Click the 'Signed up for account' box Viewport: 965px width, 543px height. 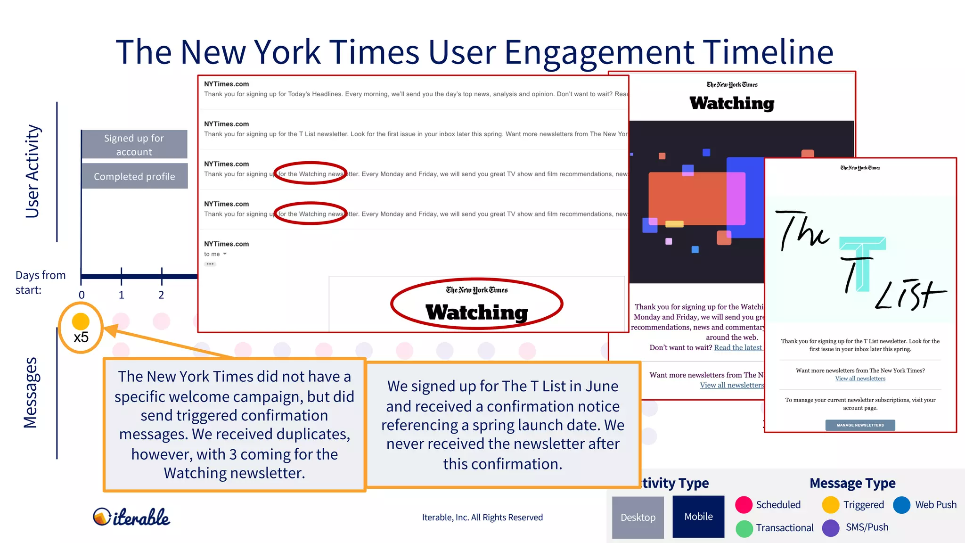[x=134, y=145]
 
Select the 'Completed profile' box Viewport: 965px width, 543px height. [x=134, y=176]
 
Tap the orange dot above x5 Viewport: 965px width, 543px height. [x=81, y=321]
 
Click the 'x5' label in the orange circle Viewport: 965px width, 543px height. [x=81, y=337]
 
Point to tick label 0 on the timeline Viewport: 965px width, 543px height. [x=82, y=295]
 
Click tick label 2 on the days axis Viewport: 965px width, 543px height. [x=161, y=295]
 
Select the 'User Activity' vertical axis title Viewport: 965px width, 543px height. [x=33, y=171]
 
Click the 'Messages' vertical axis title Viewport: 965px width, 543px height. [x=31, y=393]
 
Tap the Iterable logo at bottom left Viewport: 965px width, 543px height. [x=131, y=517]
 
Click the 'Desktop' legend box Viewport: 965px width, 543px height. [x=638, y=517]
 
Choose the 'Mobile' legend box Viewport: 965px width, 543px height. [x=698, y=517]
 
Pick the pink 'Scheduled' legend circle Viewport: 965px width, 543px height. [x=744, y=505]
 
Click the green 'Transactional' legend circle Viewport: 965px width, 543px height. [x=744, y=528]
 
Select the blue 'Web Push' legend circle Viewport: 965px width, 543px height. [x=901, y=505]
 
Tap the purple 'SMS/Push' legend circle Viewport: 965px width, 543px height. [x=831, y=528]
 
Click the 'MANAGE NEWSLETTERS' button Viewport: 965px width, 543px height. [x=860, y=425]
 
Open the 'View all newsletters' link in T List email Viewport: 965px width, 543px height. [x=860, y=378]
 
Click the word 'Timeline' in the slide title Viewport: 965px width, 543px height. [x=768, y=52]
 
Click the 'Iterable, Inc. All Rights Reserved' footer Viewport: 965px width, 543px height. [x=482, y=518]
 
